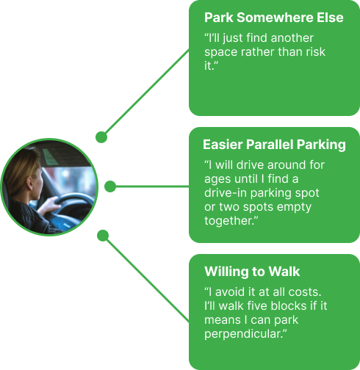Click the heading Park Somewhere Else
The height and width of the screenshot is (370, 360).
(x=274, y=18)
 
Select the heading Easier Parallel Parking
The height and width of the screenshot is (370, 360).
(x=274, y=145)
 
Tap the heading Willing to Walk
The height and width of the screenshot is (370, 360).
(x=252, y=272)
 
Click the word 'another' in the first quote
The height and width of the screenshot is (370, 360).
(x=292, y=38)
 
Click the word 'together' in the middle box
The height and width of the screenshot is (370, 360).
(x=228, y=221)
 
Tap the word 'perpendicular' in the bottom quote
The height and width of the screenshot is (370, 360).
(x=242, y=334)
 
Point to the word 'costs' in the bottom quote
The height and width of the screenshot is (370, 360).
(x=303, y=292)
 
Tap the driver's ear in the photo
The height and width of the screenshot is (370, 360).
(x=30, y=184)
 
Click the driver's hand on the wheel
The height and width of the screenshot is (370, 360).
(x=49, y=205)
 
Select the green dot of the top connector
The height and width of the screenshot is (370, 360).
(x=101, y=137)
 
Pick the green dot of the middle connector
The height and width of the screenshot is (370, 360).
(x=110, y=186)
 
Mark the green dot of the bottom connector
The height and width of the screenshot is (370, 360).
(x=103, y=236)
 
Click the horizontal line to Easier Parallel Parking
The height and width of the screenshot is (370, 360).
(x=152, y=186)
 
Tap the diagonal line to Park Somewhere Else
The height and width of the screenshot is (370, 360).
(x=147, y=92)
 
